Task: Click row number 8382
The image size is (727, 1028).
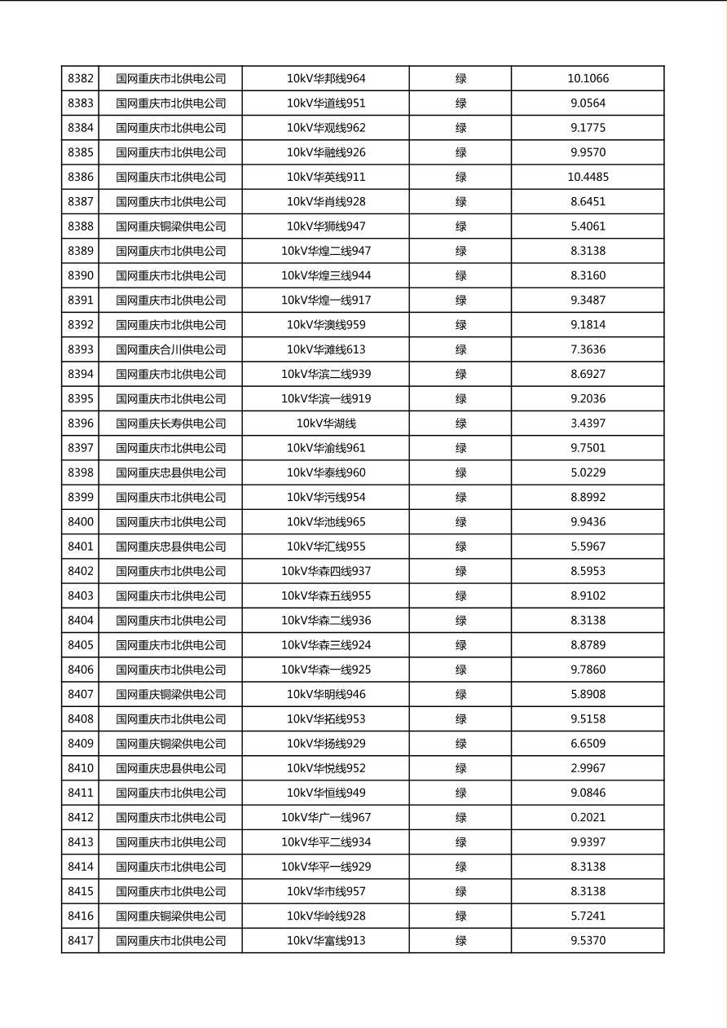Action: pos(81,79)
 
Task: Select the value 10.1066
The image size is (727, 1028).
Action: pos(588,79)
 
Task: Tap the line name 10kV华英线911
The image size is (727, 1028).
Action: pos(326,177)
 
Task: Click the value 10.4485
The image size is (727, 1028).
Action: pos(588,177)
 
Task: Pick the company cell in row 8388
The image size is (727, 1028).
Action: pos(170,226)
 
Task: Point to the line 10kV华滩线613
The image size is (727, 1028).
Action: pos(326,349)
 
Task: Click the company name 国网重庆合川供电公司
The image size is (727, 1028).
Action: pos(170,349)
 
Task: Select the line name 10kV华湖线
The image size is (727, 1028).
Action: pos(326,424)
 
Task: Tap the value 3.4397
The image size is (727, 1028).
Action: pos(588,424)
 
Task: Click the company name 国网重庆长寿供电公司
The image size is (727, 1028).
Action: pos(170,424)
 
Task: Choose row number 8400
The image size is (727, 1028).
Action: pos(81,522)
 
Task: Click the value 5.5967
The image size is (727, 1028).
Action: pos(588,547)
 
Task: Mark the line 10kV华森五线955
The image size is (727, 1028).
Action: pos(326,595)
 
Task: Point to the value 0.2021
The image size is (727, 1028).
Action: pos(588,817)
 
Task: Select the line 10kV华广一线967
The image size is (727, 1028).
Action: pos(326,817)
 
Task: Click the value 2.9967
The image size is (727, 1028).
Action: pos(588,768)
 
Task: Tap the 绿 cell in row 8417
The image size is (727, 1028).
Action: pos(460,941)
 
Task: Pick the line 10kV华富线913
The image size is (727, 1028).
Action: pos(326,941)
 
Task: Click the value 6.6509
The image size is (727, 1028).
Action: pos(588,744)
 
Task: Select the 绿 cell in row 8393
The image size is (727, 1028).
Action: pos(460,349)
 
